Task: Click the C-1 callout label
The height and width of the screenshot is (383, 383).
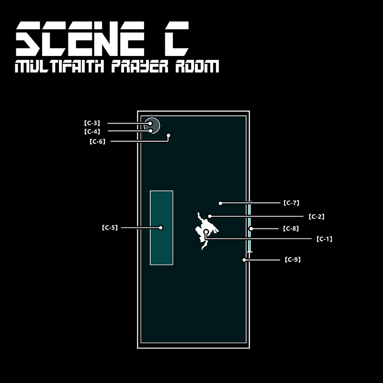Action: (324, 238)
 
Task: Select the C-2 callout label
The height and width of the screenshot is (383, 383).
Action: (316, 216)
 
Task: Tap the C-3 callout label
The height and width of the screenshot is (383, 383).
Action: (92, 123)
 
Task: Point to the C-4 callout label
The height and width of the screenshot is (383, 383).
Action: (92, 131)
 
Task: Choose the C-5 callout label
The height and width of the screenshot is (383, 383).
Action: (110, 227)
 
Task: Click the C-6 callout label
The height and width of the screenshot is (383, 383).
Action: (97, 141)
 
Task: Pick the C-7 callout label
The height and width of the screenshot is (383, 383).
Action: (291, 203)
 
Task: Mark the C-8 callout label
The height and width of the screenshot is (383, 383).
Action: (291, 229)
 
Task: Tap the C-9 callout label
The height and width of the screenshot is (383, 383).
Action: (292, 259)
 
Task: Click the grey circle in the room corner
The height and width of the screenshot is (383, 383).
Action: (152, 124)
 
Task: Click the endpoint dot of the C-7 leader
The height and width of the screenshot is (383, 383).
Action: (220, 203)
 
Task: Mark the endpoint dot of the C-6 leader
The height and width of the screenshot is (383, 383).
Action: (169, 135)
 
